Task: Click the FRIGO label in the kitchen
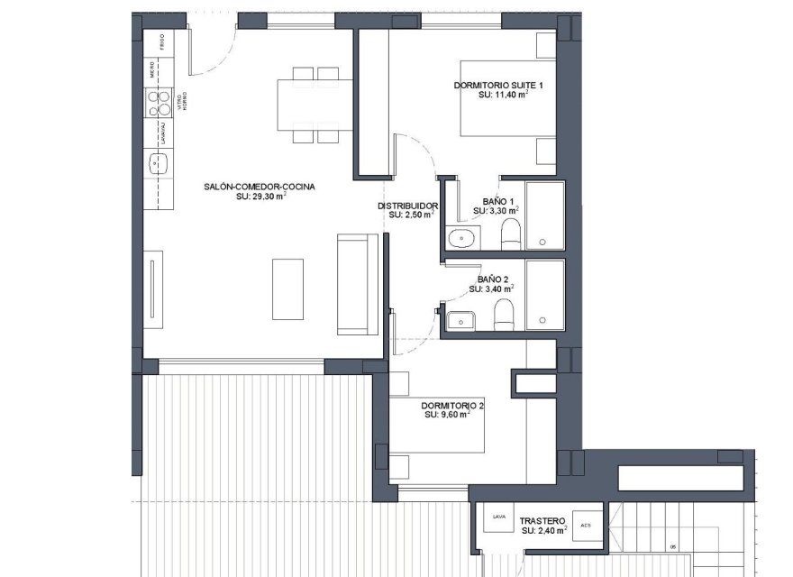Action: tap(161, 41)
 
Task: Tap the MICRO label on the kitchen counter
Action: tap(161, 71)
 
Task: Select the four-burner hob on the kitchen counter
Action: tap(161, 102)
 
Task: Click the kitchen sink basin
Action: tap(161, 163)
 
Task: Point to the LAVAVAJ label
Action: tap(161, 132)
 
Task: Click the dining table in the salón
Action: tap(314, 105)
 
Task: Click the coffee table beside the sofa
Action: tap(288, 288)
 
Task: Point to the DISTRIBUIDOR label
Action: tap(407, 206)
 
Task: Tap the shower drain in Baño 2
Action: tap(542, 318)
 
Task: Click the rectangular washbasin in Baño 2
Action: tap(462, 319)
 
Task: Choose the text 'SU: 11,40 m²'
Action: tap(503, 94)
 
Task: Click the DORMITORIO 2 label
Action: tap(452, 406)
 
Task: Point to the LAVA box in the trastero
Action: tap(497, 517)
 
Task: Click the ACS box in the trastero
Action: tap(586, 525)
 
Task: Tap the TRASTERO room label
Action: tap(542, 521)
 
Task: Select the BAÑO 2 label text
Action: tap(493, 279)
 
